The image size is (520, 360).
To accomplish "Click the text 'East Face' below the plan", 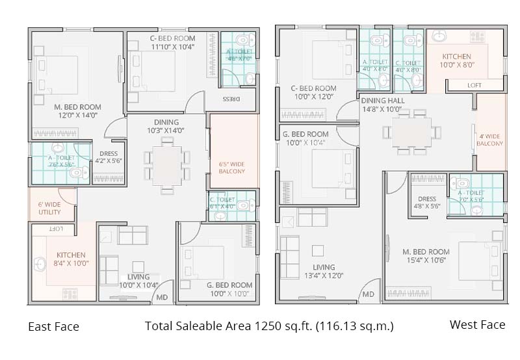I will click(x=53, y=327).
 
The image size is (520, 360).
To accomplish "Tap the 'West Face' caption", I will click(x=477, y=325).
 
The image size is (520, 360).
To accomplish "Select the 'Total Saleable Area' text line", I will click(x=269, y=326).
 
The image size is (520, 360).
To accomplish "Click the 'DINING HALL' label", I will click(x=383, y=105).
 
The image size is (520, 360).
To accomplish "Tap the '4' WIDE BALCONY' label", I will click(x=490, y=140).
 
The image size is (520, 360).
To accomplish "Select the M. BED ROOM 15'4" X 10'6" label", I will click(x=426, y=256).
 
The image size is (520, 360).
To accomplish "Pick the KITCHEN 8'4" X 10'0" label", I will click(x=71, y=259).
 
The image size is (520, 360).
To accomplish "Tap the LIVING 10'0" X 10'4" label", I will click(x=138, y=281).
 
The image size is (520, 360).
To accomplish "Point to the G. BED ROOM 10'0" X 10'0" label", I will click(x=229, y=289).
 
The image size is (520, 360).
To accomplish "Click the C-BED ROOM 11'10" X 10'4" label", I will click(x=168, y=42).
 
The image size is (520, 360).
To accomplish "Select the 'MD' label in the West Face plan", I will click(x=368, y=294).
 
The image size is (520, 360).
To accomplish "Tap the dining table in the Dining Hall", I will click(x=411, y=133).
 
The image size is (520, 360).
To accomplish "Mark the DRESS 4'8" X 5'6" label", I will click(x=427, y=202).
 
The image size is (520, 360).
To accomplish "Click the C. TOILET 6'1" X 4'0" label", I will click(x=222, y=203).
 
